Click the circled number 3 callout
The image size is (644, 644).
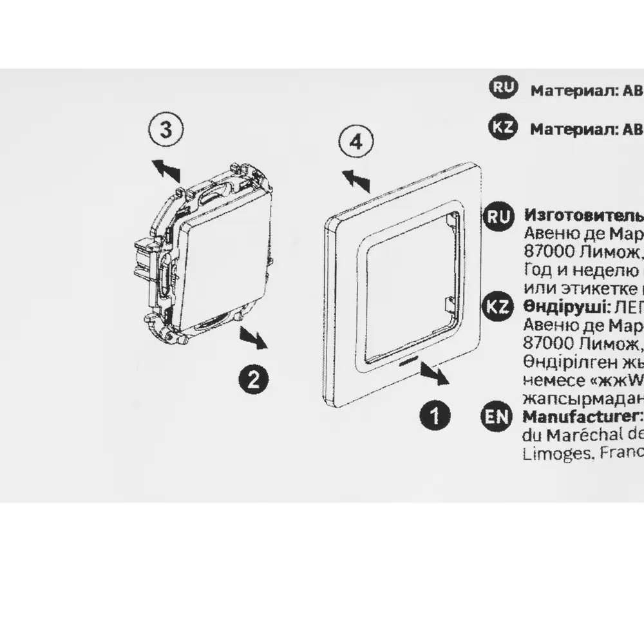pyautogui.click(x=166, y=130)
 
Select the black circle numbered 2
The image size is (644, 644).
pyautogui.click(x=253, y=378)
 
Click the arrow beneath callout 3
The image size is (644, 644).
pyautogui.click(x=166, y=172)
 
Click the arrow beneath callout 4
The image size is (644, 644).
pyautogui.click(x=355, y=181)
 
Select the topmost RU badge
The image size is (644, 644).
pyautogui.click(x=503, y=88)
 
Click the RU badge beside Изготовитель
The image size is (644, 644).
pyautogui.click(x=498, y=216)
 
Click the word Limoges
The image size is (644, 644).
pyautogui.click(x=547, y=453)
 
